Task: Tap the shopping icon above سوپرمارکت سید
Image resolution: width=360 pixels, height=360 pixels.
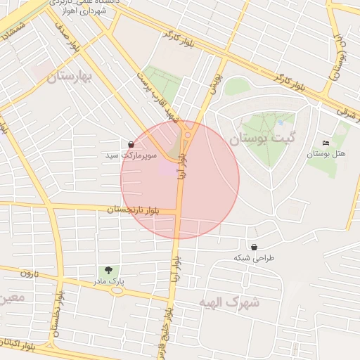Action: tap(131, 144)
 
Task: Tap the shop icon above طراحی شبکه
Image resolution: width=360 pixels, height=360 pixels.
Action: tap(253, 247)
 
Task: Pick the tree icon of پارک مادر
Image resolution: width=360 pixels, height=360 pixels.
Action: tap(108, 269)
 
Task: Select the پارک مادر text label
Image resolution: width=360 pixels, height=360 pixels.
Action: tap(108, 281)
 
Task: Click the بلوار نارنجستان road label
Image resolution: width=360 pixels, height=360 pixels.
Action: tap(134, 210)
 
